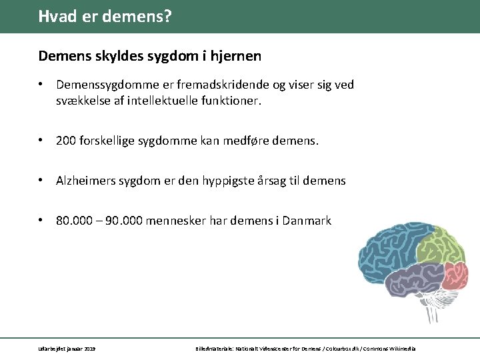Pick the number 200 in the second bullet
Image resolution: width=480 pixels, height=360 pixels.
pyautogui.click(x=66, y=141)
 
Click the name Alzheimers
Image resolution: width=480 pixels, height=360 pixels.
pyautogui.click(x=85, y=181)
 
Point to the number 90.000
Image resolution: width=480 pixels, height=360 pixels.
pyautogui.click(x=119, y=221)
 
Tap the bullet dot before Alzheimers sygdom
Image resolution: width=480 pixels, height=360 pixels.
pyautogui.click(x=41, y=181)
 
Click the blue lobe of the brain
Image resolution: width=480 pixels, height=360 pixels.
pyautogui.click(x=387, y=250)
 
